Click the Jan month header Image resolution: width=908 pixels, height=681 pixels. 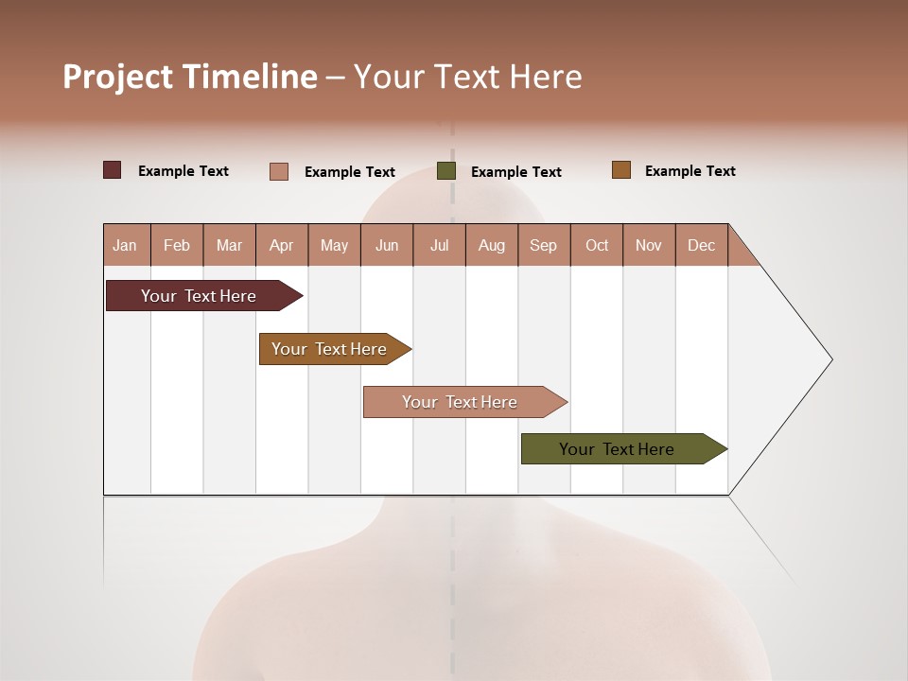[x=126, y=245]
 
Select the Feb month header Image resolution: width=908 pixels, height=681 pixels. [x=177, y=245]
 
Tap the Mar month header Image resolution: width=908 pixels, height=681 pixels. [x=229, y=245]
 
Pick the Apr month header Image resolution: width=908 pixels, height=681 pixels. [x=282, y=245]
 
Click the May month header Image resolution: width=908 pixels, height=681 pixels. [x=334, y=245]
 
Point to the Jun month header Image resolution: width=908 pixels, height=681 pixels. [x=387, y=245]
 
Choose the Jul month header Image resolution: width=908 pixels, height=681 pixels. [x=439, y=245]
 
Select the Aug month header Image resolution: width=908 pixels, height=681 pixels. [x=492, y=245]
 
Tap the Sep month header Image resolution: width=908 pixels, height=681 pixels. [x=544, y=245]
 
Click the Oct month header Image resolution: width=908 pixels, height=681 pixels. [x=597, y=245]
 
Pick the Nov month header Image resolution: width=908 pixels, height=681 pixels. [x=649, y=245]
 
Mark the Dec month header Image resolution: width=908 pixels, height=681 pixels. [x=702, y=245]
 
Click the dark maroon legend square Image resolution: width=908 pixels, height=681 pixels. [x=113, y=170]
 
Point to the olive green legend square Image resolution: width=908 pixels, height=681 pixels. [x=446, y=171]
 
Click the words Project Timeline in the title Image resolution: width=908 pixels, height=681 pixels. [x=190, y=77]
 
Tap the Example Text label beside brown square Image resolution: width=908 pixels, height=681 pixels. [x=690, y=171]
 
